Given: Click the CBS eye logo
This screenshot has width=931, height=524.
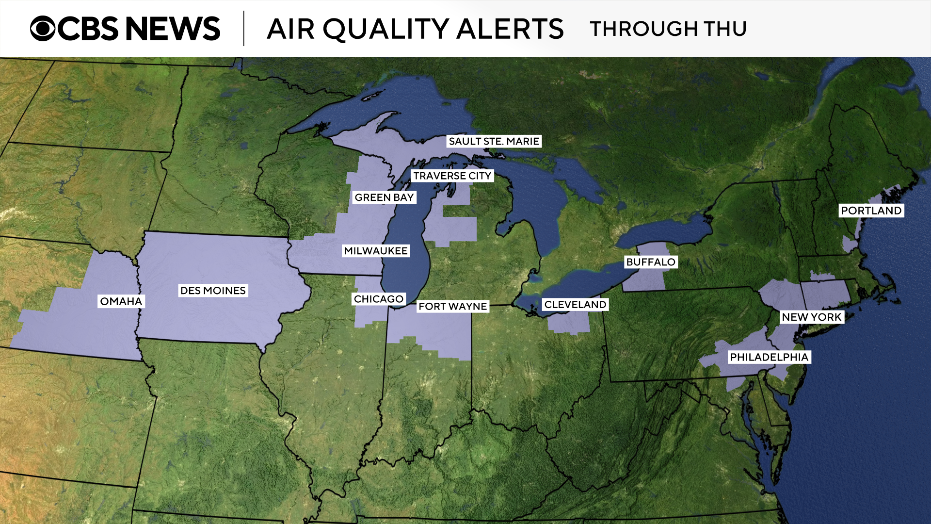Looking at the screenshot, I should coord(43,29).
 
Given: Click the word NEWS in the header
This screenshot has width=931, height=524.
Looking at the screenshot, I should coord(173,29).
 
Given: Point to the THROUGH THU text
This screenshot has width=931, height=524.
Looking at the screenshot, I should coord(668,29).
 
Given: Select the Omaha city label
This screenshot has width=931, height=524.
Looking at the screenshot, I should coord(121,301).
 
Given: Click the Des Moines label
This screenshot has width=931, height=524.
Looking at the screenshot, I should coord(213,291).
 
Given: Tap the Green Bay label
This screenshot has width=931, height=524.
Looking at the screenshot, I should coord(384,197).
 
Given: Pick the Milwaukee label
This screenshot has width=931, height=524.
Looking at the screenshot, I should coord(376,251).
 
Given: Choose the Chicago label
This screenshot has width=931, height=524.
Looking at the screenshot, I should coord(379,299).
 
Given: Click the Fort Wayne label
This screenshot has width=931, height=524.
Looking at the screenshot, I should coord(452,306).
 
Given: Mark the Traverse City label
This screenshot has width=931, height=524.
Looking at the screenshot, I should coord(452,176).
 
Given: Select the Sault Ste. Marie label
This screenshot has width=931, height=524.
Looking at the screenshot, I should coord(494,141).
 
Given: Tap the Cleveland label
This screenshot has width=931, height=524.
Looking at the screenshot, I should coord(575,304).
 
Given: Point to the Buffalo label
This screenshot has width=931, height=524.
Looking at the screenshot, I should coord(650,262).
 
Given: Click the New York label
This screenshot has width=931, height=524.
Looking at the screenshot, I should coord(811,317).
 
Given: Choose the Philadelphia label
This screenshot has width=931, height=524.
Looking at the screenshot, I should coord(769,357).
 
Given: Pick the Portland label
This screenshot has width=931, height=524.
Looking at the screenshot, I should coord(871,211).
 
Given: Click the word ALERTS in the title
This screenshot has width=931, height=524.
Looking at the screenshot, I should coord(510,29).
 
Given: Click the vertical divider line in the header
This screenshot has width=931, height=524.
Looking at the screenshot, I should coord(244,29).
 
